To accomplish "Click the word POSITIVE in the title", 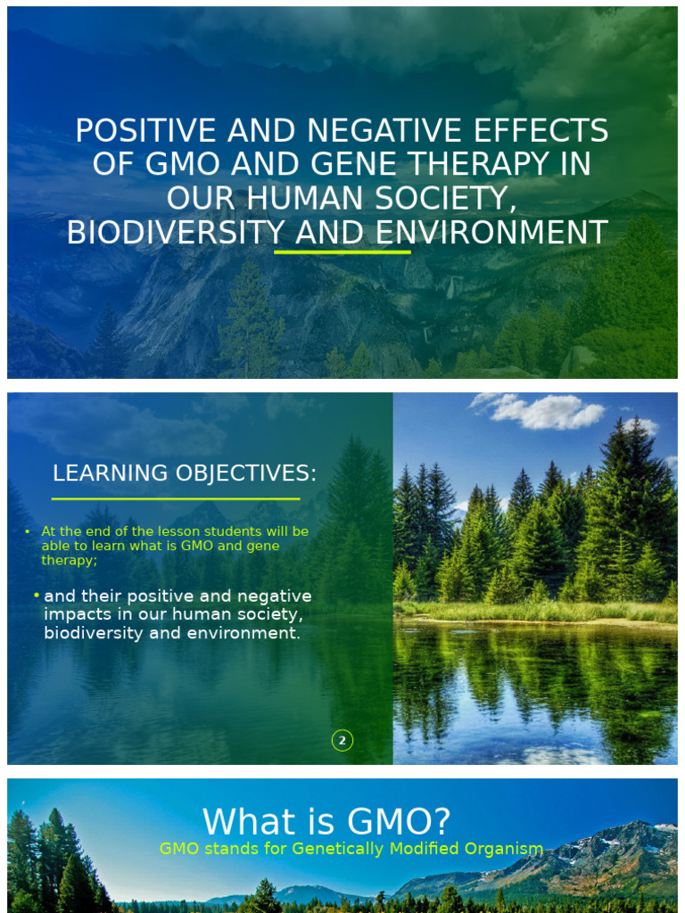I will tap(146, 131).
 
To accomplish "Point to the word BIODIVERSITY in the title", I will tap(175, 233).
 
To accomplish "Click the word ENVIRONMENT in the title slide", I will tap(491, 233).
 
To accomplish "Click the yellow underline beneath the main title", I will tap(342, 252).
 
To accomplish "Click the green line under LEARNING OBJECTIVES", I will tap(176, 498).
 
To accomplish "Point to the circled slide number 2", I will tap(342, 740).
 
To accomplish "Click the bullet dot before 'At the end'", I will tap(28, 532).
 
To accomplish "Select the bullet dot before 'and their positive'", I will tap(36, 595).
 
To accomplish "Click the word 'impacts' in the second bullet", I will tap(79, 614).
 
